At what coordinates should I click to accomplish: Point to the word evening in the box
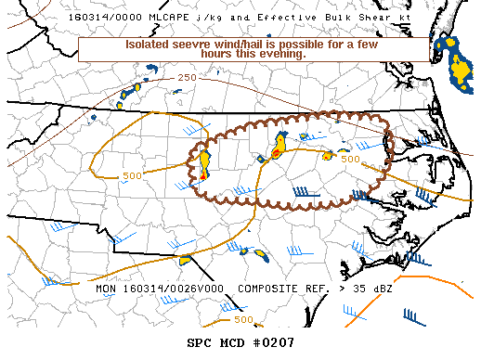[279, 54]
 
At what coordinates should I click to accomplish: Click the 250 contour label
[188, 78]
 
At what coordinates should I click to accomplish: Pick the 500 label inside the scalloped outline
[350, 160]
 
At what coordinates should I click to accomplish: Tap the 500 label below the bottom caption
[243, 320]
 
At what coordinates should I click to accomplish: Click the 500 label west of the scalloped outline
[131, 175]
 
